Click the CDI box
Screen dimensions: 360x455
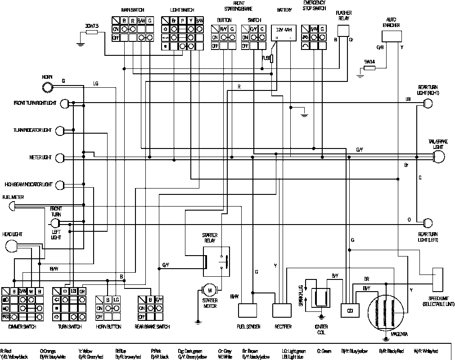tap(349, 310)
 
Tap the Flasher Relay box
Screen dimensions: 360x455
tap(344, 31)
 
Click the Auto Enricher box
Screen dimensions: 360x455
tap(391, 36)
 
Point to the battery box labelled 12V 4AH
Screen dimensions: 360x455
tap(284, 33)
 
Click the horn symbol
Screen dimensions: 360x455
tap(47, 85)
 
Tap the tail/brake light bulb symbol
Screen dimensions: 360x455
tap(438, 157)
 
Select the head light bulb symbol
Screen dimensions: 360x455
tap(12, 246)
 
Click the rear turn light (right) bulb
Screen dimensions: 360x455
tap(428, 103)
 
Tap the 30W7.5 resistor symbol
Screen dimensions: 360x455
tap(92, 32)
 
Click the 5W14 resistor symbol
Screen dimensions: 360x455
tap(369, 68)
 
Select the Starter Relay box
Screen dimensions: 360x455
tap(216, 261)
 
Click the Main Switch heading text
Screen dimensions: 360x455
tap(132, 9)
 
